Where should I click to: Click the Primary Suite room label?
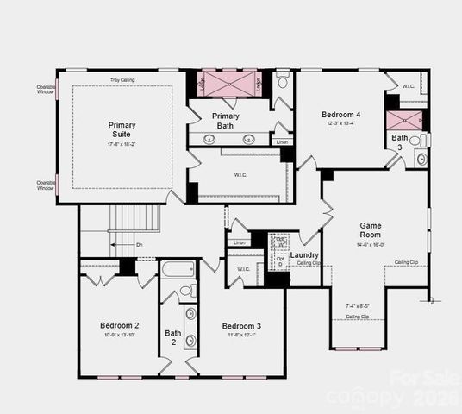pos(122,129)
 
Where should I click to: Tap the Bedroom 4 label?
pos(341,114)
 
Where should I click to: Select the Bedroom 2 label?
pos(120,325)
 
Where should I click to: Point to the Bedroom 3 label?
pos(241,325)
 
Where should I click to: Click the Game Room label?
pos(370,230)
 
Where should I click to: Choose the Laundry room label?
pos(304,255)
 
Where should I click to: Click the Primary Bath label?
pos(226,121)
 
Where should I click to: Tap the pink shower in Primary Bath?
pos(227,84)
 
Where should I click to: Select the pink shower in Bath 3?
pos(404,120)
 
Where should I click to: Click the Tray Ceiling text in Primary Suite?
pos(122,80)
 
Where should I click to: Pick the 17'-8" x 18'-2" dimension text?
pos(122,143)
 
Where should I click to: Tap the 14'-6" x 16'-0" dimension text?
pos(370,245)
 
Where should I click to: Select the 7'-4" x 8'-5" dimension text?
pos(358,305)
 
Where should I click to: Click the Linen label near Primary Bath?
pos(282,141)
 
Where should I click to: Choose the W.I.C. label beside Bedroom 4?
pos(409,85)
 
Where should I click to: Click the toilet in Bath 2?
pos(189,291)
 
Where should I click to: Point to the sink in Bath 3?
pos(421,158)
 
